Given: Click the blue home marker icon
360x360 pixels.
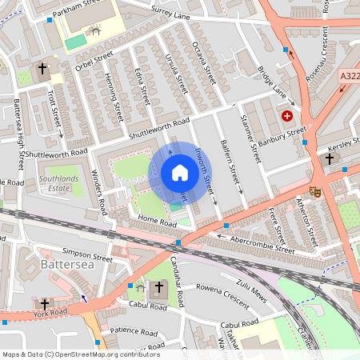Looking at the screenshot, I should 180,173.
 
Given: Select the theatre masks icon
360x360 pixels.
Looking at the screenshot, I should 315,191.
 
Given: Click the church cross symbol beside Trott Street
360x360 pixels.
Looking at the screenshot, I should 42,70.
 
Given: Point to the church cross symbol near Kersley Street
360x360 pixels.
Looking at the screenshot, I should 329,159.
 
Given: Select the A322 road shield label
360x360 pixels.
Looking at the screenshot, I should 349,76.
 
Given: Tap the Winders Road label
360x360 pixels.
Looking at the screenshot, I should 98,192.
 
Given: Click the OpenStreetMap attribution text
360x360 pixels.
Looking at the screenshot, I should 80,354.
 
